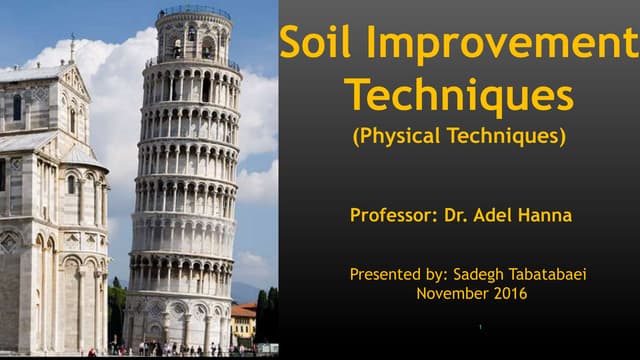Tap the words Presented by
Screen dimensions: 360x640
coord(389,273)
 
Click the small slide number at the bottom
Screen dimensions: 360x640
coord(480,327)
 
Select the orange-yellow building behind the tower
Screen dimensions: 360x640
coord(243,322)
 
